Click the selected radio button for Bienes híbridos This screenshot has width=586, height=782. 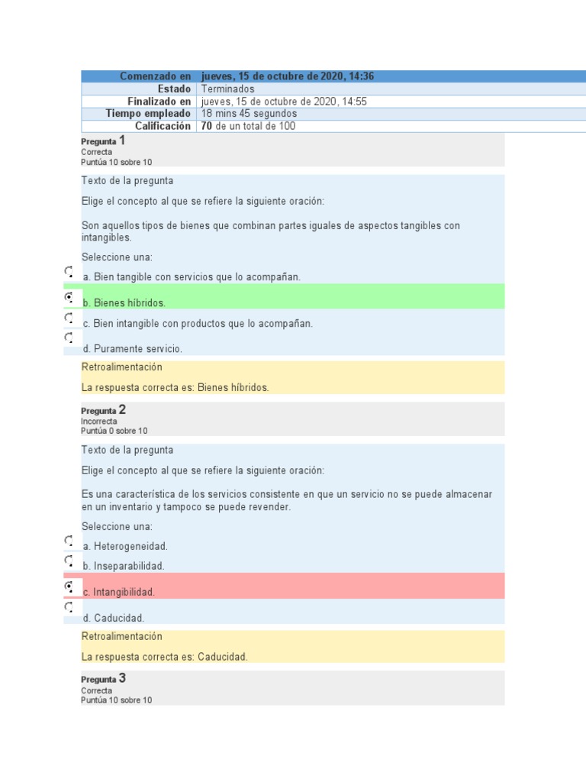pyautogui.click(x=69, y=296)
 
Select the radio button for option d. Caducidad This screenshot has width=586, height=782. pyautogui.click(x=69, y=607)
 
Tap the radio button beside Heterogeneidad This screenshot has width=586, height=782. pyautogui.click(x=69, y=541)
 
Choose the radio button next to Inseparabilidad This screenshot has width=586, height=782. pyautogui.click(x=69, y=561)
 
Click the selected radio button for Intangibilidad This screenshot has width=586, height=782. pyautogui.click(x=69, y=586)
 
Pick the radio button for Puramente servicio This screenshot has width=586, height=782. pyautogui.click(x=69, y=337)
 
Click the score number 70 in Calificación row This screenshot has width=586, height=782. pyautogui.click(x=206, y=126)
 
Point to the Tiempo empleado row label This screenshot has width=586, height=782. pyautogui.click(x=148, y=114)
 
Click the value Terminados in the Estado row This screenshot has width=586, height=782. pyautogui.click(x=227, y=89)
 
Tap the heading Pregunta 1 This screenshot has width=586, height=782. pyautogui.click(x=103, y=141)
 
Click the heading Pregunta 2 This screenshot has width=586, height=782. pyautogui.click(x=103, y=410)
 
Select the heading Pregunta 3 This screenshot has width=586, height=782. pyautogui.click(x=103, y=679)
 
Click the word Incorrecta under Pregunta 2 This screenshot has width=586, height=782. pyautogui.click(x=99, y=421)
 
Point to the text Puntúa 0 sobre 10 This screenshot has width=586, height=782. pyautogui.click(x=114, y=431)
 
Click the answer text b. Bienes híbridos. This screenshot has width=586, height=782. pyautogui.click(x=124, y=302)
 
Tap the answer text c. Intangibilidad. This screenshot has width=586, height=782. pyautogui.click(x=119, y=592)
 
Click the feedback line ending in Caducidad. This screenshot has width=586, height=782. pyautogui.click(x=165, y=657)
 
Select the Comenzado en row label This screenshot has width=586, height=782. pyautogui.click(x=156, y=76)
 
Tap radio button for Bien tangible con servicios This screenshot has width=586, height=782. pyautogui.click(x=69, y=271)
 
